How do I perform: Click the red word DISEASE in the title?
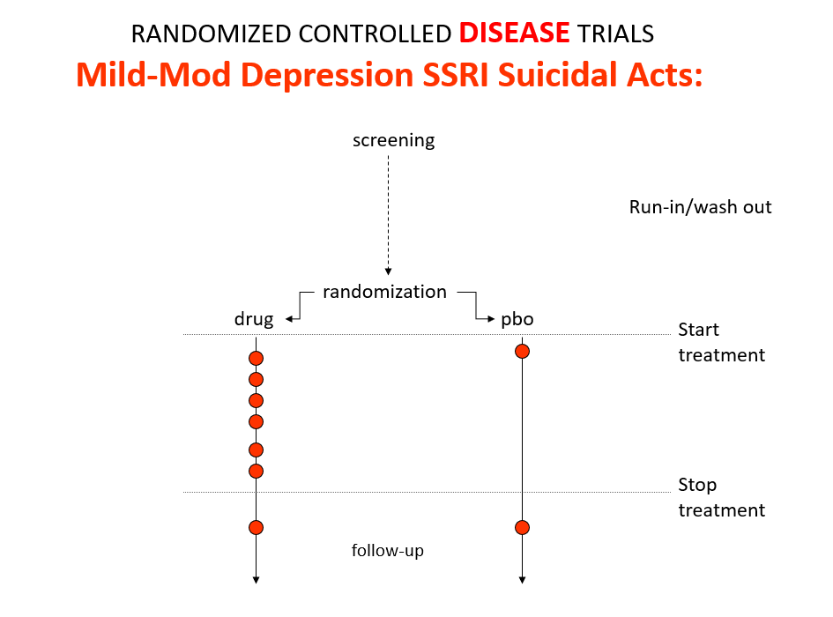(514, 33)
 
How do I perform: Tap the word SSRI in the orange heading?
(455, 74)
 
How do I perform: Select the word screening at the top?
(394, 141)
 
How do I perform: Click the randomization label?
(384, 292)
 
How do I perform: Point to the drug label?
(254, 319)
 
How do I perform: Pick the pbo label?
(517, 319)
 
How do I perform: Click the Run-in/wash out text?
(700, 207)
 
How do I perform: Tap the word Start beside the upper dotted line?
(699, 330)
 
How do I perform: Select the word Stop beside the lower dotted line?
(697, 485)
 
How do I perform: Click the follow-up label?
(387, 551)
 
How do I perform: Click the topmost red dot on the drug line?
(256, 358)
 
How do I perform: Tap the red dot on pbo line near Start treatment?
(522, 352)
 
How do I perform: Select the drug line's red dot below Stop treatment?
(256, 528)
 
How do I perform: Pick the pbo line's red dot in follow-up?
(522, 528)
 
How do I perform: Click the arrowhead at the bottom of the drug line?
(256, 580)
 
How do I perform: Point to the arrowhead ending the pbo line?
(522, 580)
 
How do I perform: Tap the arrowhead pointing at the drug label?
(289, 319)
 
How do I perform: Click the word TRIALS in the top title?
(616, 34)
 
